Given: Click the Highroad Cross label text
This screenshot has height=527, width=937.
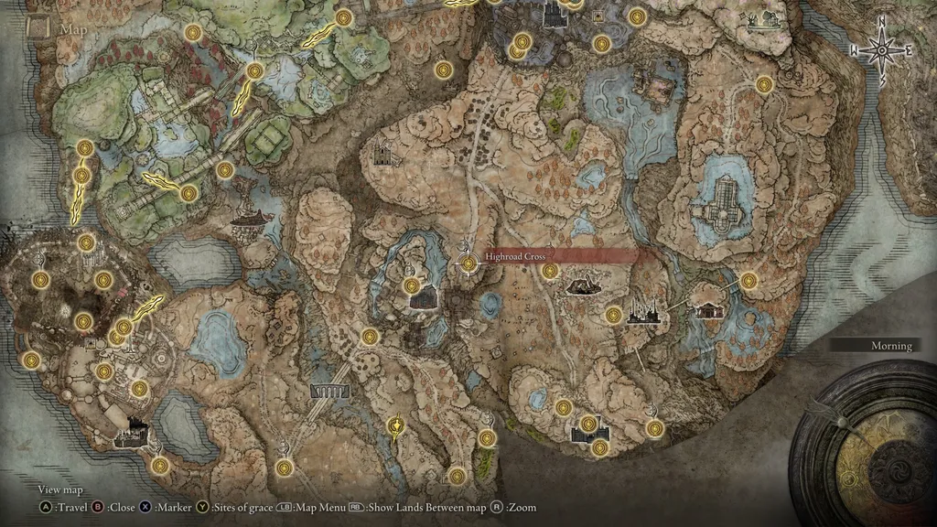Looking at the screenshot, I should pos(516,257).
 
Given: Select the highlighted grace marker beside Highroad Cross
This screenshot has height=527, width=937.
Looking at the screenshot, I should pos(469,264).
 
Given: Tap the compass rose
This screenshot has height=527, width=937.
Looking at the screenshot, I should pos(882,51).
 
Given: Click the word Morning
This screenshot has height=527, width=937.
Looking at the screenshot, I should pos(890,346).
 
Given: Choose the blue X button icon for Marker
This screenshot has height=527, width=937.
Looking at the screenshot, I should pos(145,507).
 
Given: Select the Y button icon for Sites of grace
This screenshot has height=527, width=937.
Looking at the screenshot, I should pos(203,507).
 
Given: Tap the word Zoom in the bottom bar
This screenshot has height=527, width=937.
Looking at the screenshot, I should pos(522,507).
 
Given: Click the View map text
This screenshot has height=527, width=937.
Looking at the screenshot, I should pos(60,490).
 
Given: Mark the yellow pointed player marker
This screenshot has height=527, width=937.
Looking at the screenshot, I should pos(395,426).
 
